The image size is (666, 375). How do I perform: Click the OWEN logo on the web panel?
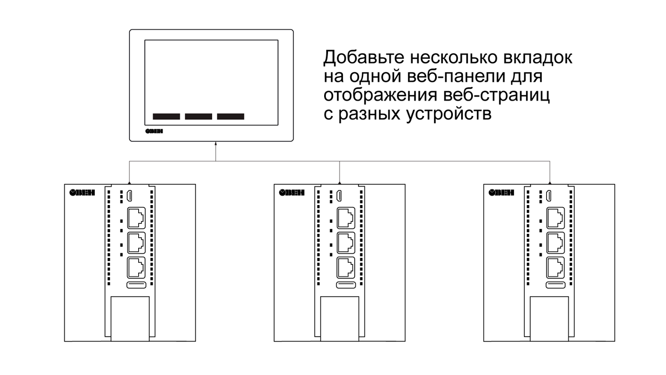pyautogui.click(x=154, y=131)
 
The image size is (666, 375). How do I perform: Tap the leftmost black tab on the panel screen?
pyautogui.click(x=167, y=116)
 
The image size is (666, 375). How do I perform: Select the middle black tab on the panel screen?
pyautogui.click(x=199, y=116)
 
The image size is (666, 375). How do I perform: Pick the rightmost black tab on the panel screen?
pyautogui.click(x=231, y=116)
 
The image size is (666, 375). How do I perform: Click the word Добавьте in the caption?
pyautogui.click(x=364, y=57)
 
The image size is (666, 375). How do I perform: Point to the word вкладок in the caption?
pyautogui.click(x=538, y=57)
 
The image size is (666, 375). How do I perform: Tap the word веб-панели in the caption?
pyautogui.click(x=456, y=76)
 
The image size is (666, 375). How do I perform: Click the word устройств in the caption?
pyautogui.click(x=448, y=114)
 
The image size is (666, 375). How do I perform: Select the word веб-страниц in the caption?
pyautogui.click(x=496, y=96)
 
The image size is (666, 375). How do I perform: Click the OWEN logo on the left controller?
pyautogui.click(x=82, y=193)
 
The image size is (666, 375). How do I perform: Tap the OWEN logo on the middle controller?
pyautogui.click(x=292, y=193)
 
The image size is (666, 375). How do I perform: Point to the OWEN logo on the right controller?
pyautogui.click(x=501, y=193)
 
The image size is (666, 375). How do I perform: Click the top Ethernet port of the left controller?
pyautogui.click(x=137, y=218)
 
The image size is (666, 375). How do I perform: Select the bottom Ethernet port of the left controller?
pyautogui.click(x=137, y=268)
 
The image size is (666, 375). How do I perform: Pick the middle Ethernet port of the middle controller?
pyautogui.click(x=346, y=243)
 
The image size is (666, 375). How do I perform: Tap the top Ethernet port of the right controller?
pyautogui.click(x=556, y=218)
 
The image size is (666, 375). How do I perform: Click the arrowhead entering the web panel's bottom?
pyautogui.click(x=215, y=144)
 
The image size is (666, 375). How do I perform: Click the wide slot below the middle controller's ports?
pyautogui.click(x=346, y=285)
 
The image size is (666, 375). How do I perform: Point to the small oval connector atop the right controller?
pyautogui.click(x=549, y=196)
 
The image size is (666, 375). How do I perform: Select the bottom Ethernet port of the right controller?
pyautogui.click(x=556, y=268)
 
